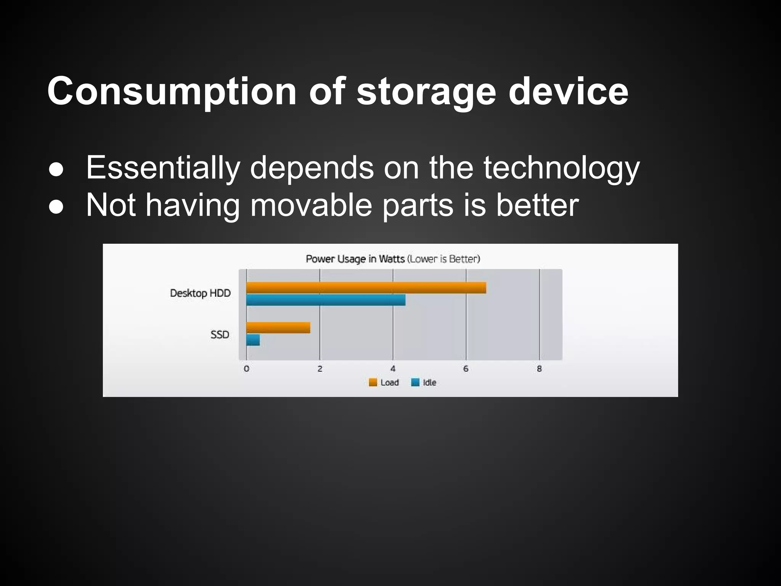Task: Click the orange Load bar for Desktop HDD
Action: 366,288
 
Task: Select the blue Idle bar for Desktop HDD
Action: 326,300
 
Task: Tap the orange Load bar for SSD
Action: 278,328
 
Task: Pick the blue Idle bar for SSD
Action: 253,340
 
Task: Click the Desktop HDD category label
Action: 200,293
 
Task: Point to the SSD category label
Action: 220,335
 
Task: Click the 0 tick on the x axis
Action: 246,369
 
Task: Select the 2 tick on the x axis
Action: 320,369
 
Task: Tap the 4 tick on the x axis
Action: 393,369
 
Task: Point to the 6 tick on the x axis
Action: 466,369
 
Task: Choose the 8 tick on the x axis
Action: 539,369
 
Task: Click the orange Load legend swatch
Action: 373,382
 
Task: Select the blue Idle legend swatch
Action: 415,382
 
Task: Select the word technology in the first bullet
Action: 561,168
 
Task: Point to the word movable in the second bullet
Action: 311,205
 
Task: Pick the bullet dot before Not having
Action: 56,207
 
